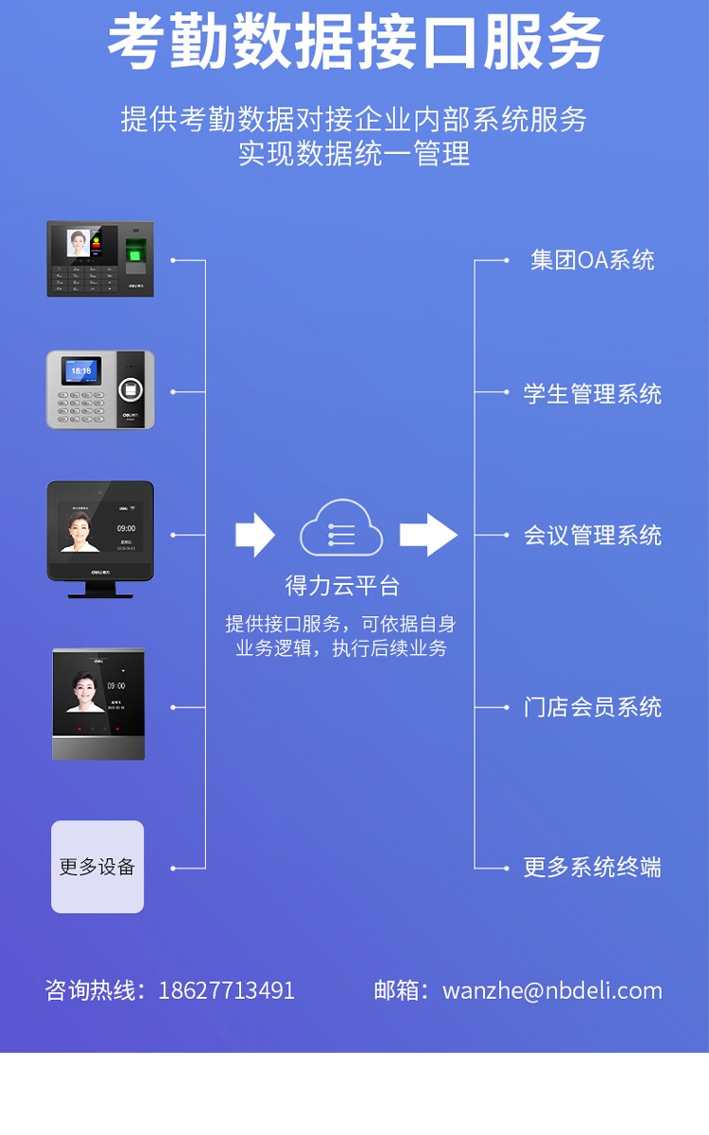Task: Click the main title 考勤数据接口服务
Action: pyautogui.click(x=354, y=43)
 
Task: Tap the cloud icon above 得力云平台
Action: pyautogui.click(x=341, y=529)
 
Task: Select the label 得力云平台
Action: pyautogui.click(x=342, y=586)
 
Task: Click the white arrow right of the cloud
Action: pyautogui.click(x=427, y=535)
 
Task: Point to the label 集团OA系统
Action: pyautogui.click(x=592, y=260)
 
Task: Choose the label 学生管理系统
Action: pyautogui.click(x=592, y=393)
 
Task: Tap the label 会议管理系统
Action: pyautogui.click(x=592, y=535)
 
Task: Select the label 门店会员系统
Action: pyautogui.click(x=592, y=707)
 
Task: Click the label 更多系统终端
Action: pyautogui.click(x=592, y=867)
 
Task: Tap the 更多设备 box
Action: pyautogui.click(x=97, y=867)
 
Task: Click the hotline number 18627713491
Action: pyautogui.click(x=226, y=990)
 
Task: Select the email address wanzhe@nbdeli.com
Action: pyautogui.click(x=552, y=990)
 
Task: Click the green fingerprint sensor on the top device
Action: pyautogui.click(x=137, y=251)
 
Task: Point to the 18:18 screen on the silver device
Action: pyautogui.click(x=81, y=371)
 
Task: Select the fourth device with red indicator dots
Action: pyautogui.click(x=98, y=704)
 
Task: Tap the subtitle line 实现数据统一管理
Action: pyautogui.click(x=354, y=154)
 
